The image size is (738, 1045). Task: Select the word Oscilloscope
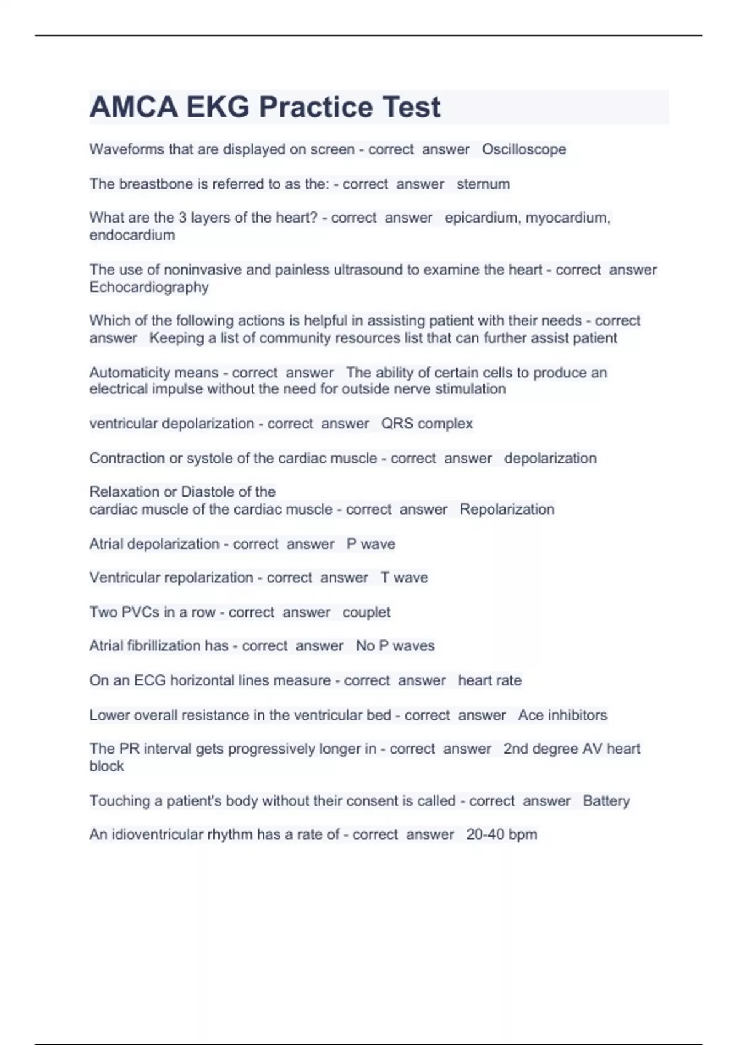coord(524,149)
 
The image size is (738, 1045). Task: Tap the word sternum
coord(483,184)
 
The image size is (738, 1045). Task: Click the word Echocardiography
coord(149,287)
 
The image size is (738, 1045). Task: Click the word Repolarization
coord(507,509)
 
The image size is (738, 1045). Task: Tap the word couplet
coord(366,612)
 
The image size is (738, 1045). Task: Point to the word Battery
coord(606,801)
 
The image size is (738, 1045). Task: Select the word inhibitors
coord(577,715)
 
